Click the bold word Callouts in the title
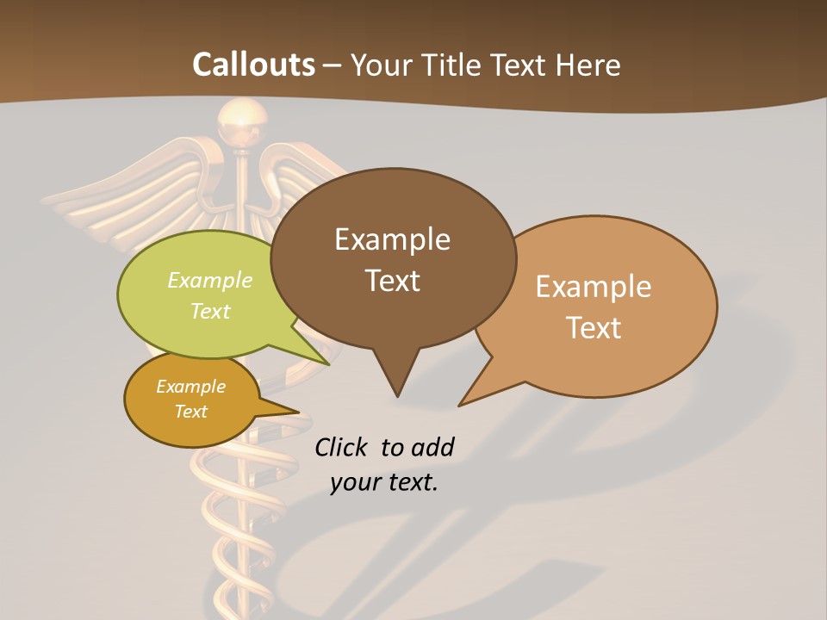pos(253,65)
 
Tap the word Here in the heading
pos(588,65)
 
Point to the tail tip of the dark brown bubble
pos(397,395)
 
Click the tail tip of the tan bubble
pos(460,404)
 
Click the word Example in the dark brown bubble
pos(392,239)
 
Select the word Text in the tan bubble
pos(594,328)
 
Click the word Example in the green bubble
pos(210,280)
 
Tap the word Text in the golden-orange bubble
pos(190,412)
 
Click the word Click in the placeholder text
pos(342,447)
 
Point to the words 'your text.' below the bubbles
pos(384,481)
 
